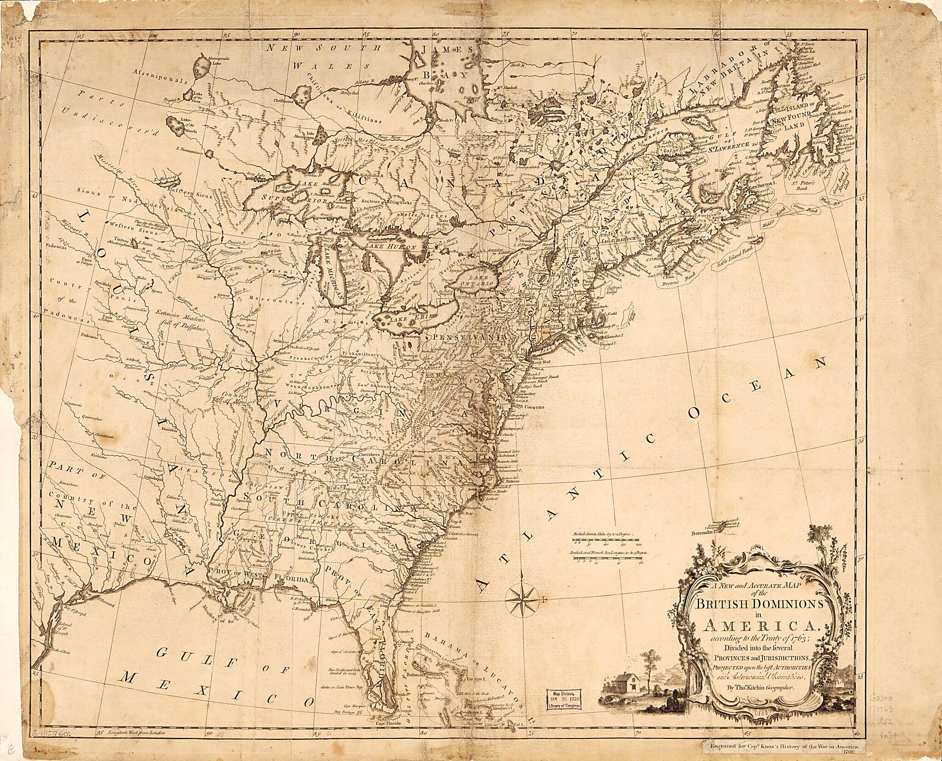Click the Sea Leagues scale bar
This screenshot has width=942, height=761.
[x=608, y=555]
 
